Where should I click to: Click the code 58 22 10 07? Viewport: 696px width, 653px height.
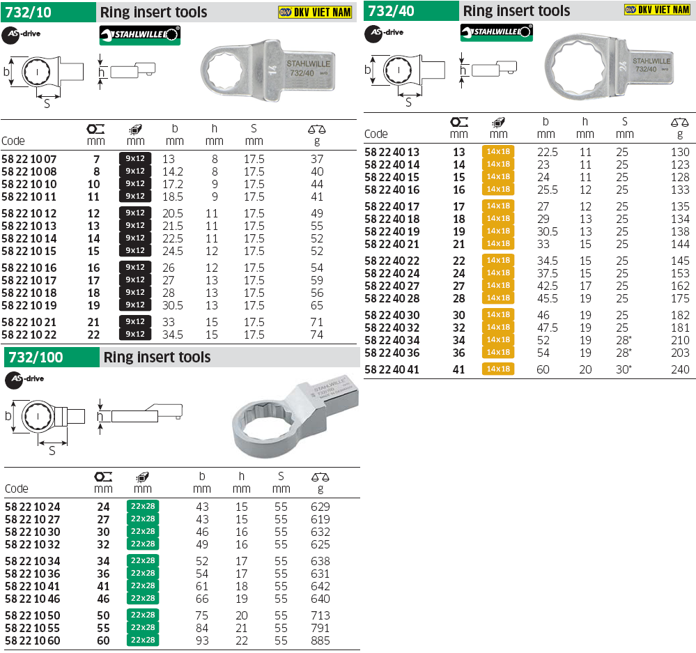[29, 159]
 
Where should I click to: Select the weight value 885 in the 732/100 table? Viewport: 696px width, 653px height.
[320, 640]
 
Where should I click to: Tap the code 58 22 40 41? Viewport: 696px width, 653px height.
[392, 369]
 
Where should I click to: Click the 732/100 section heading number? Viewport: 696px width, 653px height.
[36, 358]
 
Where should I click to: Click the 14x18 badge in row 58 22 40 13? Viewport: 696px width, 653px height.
[498, 151]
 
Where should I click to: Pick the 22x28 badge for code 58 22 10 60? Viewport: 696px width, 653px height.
[143, 640]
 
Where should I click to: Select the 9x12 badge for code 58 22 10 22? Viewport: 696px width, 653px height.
[135, 334]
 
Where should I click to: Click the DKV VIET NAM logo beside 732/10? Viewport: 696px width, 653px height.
[315, 12]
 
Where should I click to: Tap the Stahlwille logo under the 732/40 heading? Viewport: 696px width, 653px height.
[496, 32]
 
